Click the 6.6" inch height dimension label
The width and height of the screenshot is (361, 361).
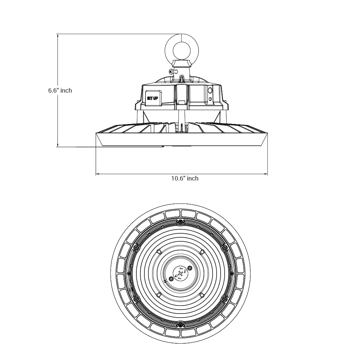60,91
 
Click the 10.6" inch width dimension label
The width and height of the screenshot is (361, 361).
185,178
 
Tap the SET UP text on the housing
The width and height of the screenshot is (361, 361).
152,99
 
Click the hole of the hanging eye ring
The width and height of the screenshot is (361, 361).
182,50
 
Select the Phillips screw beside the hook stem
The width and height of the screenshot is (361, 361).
171,71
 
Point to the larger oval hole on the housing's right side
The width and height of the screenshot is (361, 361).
210,91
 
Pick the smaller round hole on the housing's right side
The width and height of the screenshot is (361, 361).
210,99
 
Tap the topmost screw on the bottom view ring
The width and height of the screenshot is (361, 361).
180,222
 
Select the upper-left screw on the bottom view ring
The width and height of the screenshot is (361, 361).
136,248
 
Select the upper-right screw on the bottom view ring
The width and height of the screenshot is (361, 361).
225,248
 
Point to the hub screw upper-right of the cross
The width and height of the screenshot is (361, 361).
190,268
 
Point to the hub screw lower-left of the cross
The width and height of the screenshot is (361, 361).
171,279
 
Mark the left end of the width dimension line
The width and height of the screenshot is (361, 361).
96,174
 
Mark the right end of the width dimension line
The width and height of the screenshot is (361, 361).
267,174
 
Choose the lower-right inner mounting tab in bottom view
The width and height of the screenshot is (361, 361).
202,295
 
